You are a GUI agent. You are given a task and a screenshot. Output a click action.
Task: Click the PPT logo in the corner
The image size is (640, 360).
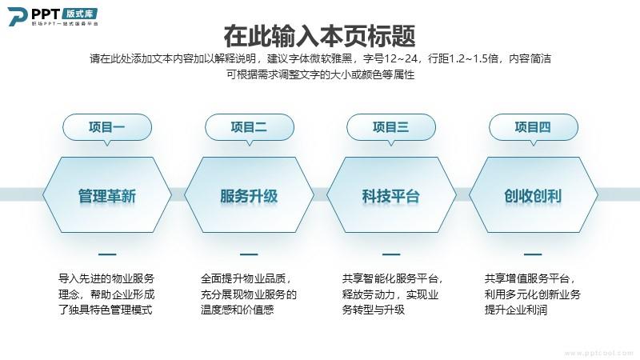click(53, 16)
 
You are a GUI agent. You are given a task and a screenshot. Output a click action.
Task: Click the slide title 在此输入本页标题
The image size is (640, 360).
click(319, 36)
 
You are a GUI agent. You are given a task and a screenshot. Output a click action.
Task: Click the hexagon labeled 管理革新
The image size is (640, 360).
click(107, 195)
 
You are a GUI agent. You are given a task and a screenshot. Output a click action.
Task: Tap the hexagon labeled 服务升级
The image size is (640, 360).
click(249, 195)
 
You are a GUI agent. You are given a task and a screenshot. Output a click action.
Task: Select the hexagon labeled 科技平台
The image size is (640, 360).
click(391, 195)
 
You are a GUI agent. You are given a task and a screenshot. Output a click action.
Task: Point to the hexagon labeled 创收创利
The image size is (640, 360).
click(533, 195)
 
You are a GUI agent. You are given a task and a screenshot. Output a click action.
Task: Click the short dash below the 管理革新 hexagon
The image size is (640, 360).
click(107, 254)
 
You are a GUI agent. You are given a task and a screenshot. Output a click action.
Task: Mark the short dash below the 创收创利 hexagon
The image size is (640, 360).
click(533, 254)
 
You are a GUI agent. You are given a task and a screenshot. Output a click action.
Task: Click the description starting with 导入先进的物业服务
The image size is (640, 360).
click(106, 294)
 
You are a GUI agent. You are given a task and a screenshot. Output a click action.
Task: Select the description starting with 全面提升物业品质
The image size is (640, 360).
click(249, 294)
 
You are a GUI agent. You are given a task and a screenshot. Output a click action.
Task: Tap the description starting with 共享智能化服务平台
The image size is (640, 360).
click(393, 294)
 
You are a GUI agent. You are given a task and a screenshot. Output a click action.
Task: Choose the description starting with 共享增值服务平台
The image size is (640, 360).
click(533, 294)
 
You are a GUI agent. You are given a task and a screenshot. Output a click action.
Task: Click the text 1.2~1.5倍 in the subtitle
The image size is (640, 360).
click(477, 58)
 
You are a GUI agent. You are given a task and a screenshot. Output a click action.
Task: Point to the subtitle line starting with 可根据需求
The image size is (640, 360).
click(321, 74)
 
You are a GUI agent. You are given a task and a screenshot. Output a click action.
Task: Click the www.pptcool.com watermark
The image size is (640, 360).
click(598, 353)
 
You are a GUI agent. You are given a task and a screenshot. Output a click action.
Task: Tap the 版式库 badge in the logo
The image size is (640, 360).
click(80, 14)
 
